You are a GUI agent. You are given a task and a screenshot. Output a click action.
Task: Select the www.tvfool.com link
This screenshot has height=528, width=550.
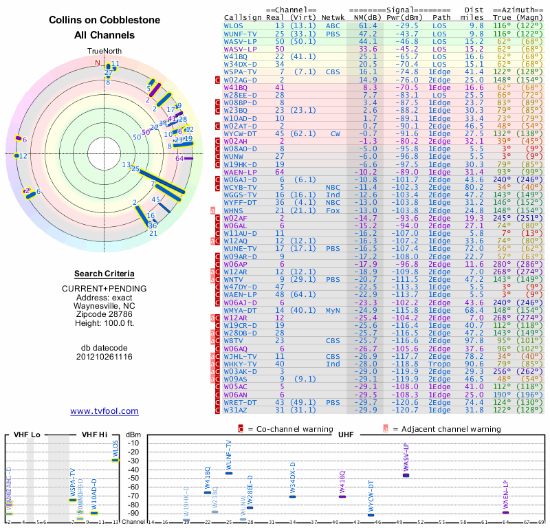[104, 411]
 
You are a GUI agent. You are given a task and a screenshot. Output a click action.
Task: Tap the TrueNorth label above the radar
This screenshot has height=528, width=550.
[104, 52]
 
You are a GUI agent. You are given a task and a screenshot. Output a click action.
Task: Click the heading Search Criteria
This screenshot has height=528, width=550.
[104, 274]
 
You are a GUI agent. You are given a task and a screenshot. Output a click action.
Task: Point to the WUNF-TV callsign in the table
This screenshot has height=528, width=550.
[240, 33]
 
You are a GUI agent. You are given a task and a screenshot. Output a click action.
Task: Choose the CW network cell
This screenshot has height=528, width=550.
[335, 133]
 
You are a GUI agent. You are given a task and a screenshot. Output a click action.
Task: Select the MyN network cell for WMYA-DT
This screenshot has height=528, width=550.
[333, 310]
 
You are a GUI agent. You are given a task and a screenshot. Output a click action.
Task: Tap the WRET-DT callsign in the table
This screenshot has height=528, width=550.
[240, 402]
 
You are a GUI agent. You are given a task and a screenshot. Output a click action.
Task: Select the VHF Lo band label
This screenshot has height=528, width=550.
[25, 434]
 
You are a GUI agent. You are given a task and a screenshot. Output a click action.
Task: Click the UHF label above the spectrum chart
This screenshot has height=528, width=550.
[346, 434]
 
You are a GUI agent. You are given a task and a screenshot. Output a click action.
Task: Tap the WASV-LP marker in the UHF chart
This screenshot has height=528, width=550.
[406, 475]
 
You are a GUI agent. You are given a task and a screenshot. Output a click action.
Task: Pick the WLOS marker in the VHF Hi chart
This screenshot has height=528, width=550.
[115, 460]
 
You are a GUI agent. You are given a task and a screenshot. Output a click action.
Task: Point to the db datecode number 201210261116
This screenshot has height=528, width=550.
[104, 357]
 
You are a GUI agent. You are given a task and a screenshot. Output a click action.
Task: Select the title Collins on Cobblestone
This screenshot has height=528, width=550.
[104, 21]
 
